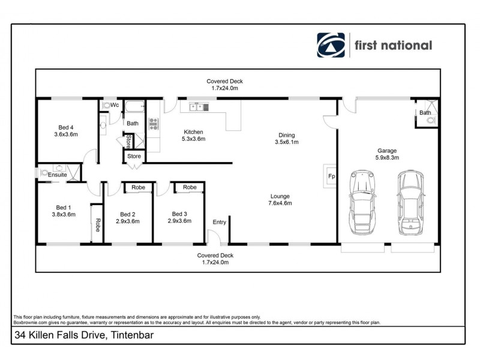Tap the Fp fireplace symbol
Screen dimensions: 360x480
pos(330,176)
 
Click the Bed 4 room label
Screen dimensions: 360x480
pos(66,131)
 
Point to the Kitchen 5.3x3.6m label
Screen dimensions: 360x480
pos(193,135)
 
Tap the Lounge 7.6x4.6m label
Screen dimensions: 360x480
pos(280,199)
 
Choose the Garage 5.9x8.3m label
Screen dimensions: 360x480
pos(387,155)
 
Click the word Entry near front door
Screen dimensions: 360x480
pos(219,223)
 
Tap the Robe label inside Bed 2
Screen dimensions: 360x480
pos(139,188)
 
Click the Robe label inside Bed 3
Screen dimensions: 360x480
pos(190,188)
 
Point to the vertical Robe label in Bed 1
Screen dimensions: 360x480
pos(97,224)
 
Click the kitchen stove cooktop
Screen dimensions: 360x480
pos(153,125)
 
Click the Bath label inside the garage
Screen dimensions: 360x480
pos(425,113)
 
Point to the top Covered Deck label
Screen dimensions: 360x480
pos(224,85)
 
